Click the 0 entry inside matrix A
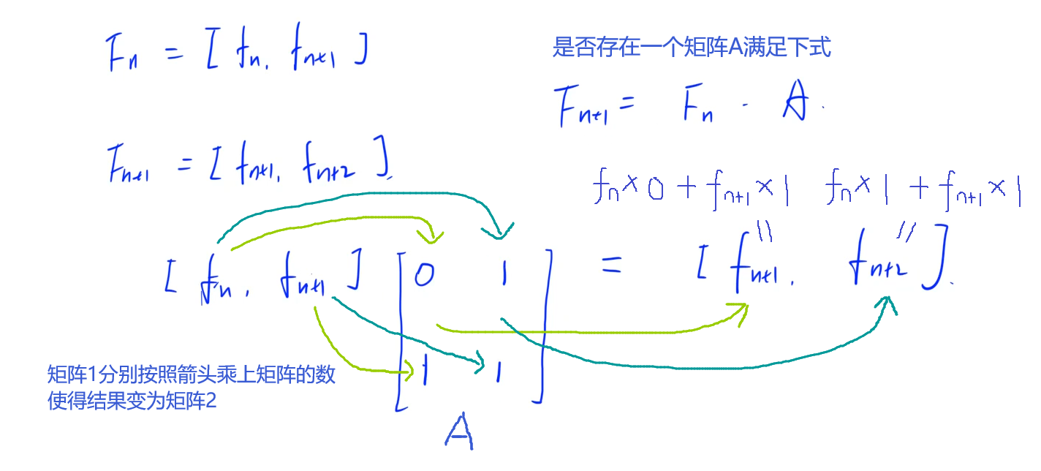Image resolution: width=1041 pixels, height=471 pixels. tap(425, 275)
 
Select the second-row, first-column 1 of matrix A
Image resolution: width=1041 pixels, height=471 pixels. tap(424, 372)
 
